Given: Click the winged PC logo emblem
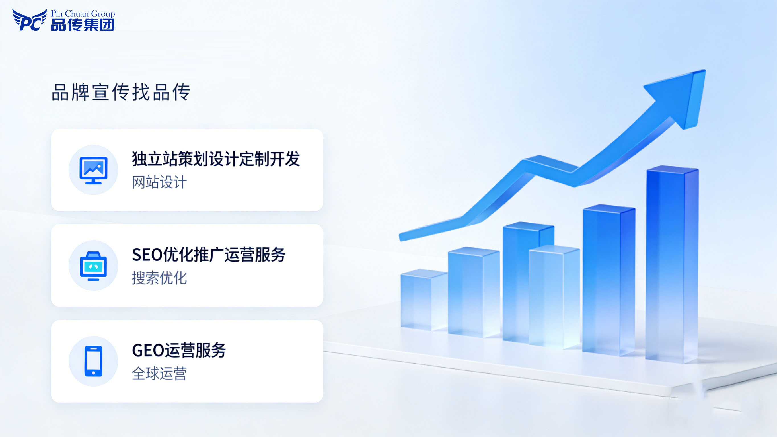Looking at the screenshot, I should pos(29,20).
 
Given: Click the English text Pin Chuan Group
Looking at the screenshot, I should pos(83,14).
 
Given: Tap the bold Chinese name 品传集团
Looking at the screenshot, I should pos(83,25).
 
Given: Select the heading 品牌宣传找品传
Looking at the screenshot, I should pos(121,92).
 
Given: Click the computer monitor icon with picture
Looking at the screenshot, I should pos(94,170).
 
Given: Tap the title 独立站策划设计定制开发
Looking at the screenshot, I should pos(216,159).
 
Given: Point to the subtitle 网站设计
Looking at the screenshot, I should pos(159,182).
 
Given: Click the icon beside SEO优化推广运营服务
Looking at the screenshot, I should pos(94,266).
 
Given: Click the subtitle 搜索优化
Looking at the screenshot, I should pos(159,278).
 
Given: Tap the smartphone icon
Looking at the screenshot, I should pos(94,361).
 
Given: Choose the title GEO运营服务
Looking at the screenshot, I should pos(179,350).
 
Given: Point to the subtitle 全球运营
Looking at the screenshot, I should pos(159,374).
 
